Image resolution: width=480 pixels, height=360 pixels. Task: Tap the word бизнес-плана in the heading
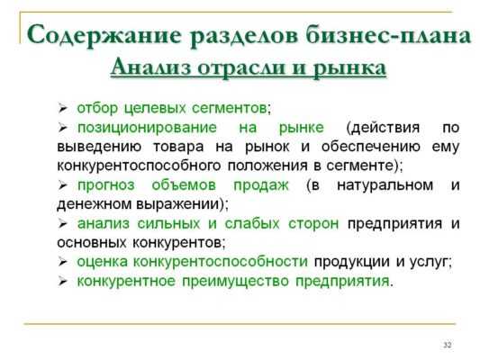coord(388,35)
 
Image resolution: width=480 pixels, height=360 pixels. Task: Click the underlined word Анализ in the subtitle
coord(150,67)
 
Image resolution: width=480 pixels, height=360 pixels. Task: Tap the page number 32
coord(448,345)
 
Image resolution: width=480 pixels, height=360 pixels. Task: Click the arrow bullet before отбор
coord(62,109)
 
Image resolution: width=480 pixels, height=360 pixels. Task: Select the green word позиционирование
coord(147,128)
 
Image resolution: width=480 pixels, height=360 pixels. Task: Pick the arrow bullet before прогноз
coord(62,185)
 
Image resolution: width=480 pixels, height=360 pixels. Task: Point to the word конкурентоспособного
coord(139,166)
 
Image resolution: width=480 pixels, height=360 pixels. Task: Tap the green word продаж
coord(261,185)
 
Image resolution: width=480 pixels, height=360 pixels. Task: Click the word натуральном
coord(385,185)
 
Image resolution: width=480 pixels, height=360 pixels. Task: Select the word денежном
coord(95,204)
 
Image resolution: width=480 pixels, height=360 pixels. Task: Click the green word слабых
coord(252,223)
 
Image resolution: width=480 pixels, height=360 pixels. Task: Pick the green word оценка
coord(103,262)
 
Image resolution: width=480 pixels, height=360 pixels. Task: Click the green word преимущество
coord(235,282)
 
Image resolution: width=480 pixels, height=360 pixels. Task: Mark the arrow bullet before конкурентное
coord(62,282)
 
